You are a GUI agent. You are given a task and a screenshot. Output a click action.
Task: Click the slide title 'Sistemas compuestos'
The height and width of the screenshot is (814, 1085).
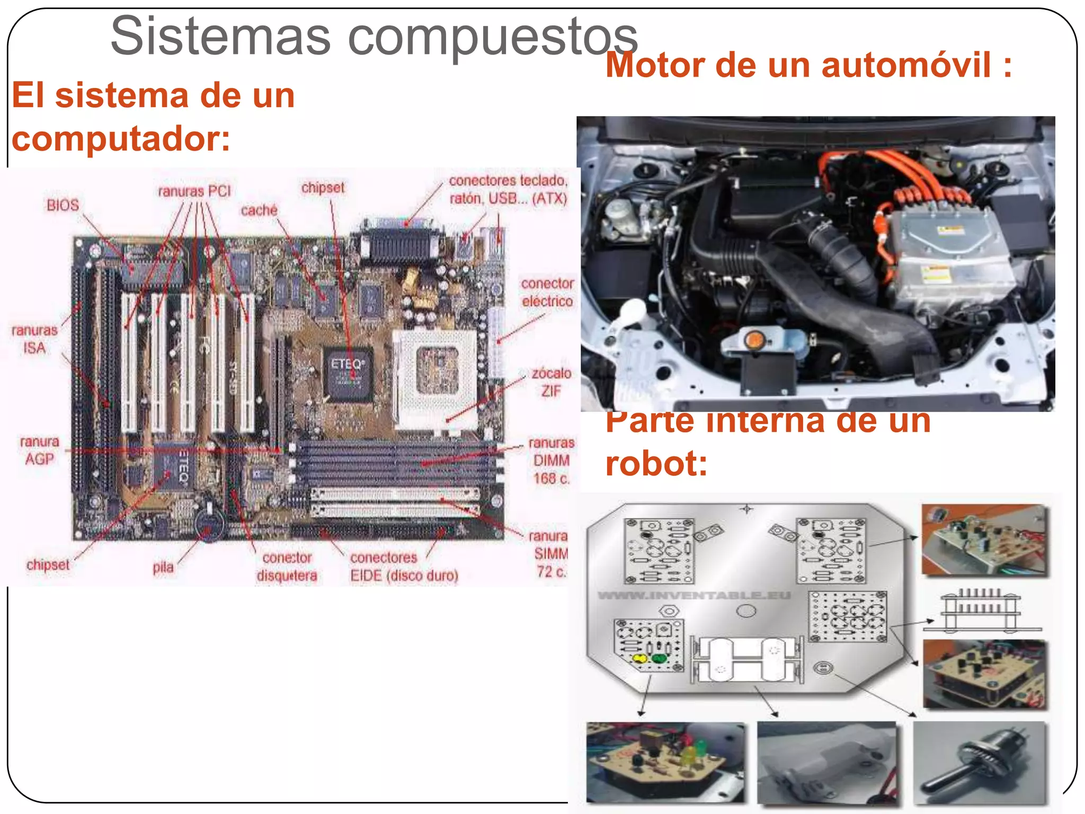click(x=374, y=36)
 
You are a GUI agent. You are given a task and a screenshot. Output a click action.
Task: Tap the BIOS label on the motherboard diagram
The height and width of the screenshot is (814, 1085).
click(x=63, y=205)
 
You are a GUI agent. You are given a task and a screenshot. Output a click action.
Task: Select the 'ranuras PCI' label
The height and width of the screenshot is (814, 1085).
click(x=194, y=191)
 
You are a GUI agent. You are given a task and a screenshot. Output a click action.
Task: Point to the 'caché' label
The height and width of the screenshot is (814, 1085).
click(x=259, y=210)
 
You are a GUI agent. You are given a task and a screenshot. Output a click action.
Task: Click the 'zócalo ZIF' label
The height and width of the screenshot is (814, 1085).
click(x=551, y=382)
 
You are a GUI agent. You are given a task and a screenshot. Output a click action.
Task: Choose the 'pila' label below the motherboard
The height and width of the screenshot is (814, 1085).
click(x=163, y=568)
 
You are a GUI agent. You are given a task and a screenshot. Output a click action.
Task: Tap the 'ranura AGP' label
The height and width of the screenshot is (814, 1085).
click(x=40, y=450)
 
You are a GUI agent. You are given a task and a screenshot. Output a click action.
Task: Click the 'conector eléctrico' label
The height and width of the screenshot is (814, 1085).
click(x=547, y=292)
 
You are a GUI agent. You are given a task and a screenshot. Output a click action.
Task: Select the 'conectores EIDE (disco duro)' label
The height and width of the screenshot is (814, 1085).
click(x=404, y=567)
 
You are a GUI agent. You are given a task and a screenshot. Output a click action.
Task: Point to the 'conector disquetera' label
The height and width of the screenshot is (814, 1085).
click(x=287, y=567)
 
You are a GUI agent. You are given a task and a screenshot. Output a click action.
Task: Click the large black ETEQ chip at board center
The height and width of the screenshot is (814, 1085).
click(x=348, y=374)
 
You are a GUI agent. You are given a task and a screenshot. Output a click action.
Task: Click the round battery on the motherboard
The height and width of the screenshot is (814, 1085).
click(x=210, y=525)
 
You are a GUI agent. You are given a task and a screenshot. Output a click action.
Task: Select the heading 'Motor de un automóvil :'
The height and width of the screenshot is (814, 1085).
click(x=808, y=65)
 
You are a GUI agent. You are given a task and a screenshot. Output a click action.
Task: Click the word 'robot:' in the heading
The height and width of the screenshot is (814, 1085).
click(x=656, y=463)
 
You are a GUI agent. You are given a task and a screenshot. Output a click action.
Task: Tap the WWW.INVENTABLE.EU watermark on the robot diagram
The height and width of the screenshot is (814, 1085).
click(x=694, y=595)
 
